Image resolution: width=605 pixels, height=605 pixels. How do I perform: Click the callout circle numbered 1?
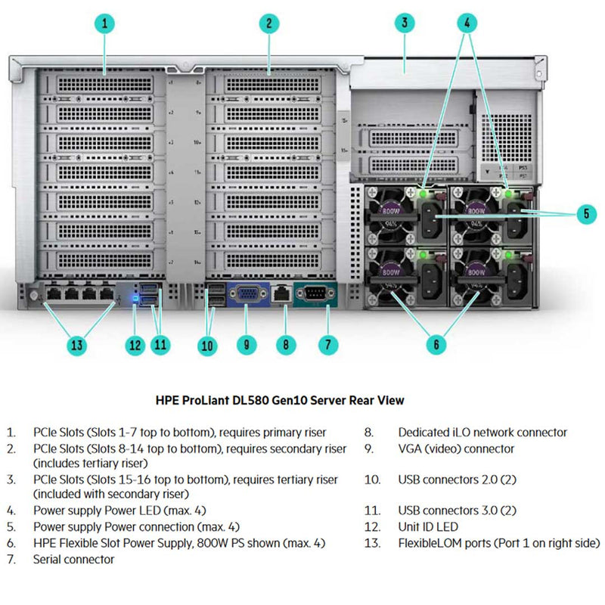(107, 23)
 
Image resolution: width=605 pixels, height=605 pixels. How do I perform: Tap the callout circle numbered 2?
(268, 23)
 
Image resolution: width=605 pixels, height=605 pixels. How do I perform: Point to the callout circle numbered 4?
(468, 23)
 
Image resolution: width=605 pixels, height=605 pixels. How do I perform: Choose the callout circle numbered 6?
(435, 345)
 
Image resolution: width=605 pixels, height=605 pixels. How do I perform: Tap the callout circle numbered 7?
(327, 345)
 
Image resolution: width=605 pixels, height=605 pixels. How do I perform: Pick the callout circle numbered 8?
(284, 345)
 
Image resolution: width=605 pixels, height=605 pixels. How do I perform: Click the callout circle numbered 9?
(247, 345)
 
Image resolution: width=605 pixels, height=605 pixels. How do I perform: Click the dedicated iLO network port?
(281, 293)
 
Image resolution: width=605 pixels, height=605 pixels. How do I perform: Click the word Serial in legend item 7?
(48, 560)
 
